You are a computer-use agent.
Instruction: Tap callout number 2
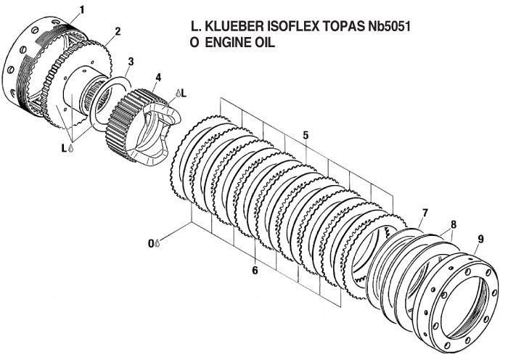point(117,31)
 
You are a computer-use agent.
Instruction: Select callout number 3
point(131,61)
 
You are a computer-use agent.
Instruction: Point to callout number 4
point(157,77)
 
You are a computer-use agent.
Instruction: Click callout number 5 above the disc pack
point(306,135)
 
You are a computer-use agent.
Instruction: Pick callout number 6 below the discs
point(255,270)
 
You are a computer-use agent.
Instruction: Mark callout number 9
point(480,239)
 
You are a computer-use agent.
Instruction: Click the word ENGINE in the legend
point(232,43)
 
